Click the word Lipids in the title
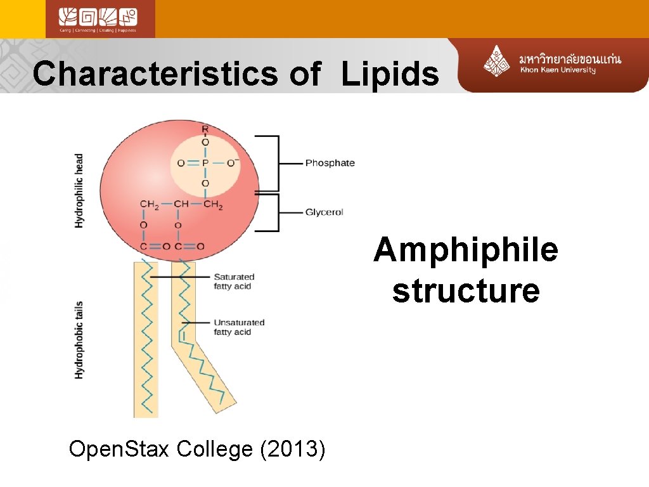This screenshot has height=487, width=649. (390, 74)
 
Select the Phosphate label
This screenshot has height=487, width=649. (330, 163)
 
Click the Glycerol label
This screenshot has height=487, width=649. (324, 212)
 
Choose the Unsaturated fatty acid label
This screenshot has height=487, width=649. (238, 327)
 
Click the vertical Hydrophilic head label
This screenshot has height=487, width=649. (79, 190)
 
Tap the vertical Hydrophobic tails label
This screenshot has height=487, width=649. (79, 340)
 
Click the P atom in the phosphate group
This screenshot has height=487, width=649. (205, 163)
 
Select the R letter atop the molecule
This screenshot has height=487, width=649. (205, 130)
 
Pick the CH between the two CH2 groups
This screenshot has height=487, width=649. (181, 204)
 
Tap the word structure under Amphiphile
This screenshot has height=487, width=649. (466, 290)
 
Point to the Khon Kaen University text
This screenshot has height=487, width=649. (558, 70)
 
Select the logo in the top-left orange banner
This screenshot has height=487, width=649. (100, 19)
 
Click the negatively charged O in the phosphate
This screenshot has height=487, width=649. (232, 163)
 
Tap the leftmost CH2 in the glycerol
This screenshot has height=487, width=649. (150, 204)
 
